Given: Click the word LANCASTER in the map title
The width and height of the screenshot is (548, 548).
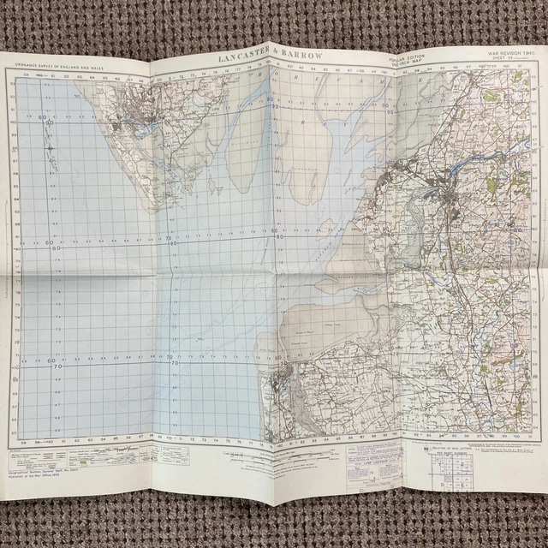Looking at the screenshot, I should coord(244,58).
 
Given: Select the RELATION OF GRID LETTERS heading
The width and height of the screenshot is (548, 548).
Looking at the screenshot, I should coord(445,448).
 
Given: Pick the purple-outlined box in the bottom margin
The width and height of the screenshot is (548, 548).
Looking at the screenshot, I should coord(356,467).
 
